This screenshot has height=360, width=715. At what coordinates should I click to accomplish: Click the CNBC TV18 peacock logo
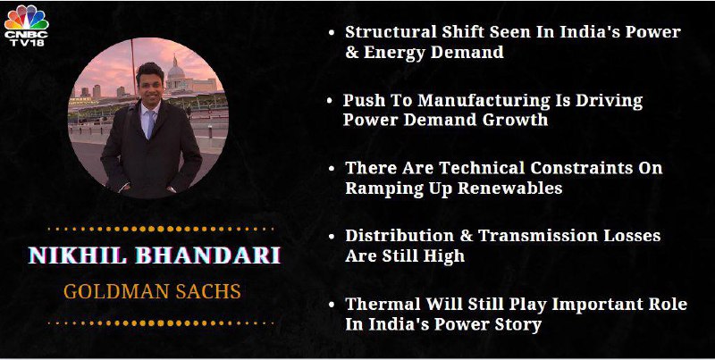[27, 25]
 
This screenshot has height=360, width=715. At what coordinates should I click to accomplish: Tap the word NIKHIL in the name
[78, 255]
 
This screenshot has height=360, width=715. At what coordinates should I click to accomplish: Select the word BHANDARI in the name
[208, 255]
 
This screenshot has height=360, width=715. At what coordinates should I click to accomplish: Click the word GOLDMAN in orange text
[116, 291]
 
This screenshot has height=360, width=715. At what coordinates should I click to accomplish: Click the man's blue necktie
[150, 124]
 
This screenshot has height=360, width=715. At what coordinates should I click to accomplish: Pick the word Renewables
[509, 188]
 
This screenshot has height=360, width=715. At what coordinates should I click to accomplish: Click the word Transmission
[529, 236]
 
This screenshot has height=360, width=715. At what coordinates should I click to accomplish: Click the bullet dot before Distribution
[332, 237]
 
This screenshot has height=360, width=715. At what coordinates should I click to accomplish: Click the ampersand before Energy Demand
[352, 52]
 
